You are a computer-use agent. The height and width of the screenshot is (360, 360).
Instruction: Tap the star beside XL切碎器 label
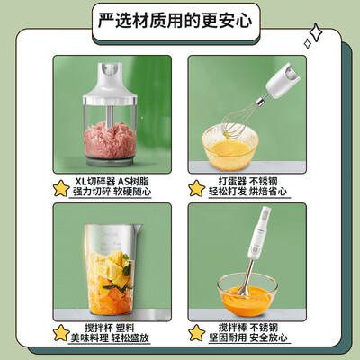pyautogui.click(x=60, y=188)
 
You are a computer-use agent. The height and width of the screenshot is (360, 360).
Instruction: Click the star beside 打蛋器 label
pyautogui.click(x=196, y=188)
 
